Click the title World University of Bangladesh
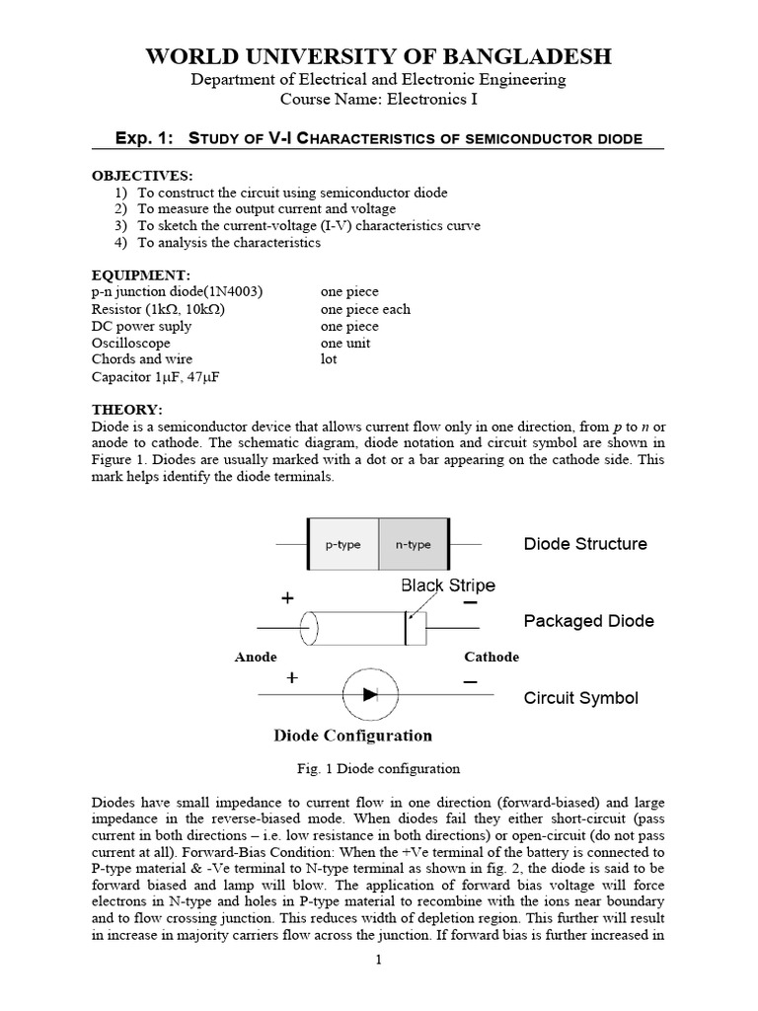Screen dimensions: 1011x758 [378, 57]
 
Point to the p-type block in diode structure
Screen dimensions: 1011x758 [343, 544]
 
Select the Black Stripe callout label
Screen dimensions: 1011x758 [447, 585]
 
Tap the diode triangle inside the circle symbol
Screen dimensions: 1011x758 [371, 695]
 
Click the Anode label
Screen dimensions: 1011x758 [256, 658]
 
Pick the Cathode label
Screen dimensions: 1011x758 [491, 658]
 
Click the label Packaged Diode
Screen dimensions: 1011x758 [588, 621]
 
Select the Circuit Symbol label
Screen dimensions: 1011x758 [580, 698]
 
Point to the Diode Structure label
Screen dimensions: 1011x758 [584, 544]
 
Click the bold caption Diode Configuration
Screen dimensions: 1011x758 [351, 736]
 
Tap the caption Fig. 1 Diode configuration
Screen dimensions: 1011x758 [378, 768]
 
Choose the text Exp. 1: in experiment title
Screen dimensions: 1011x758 [143, 138]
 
